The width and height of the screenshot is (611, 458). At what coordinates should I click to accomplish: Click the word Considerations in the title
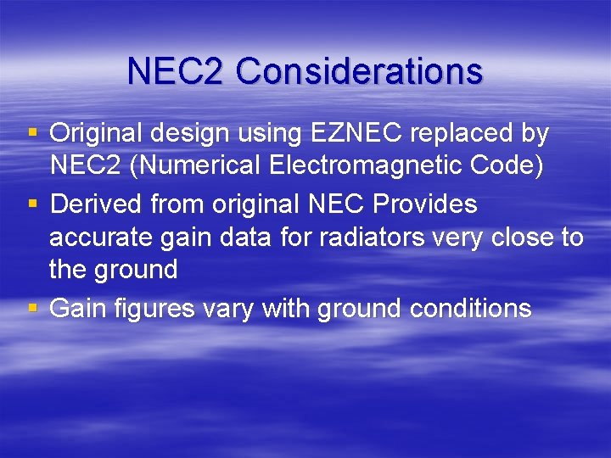click(359, 71)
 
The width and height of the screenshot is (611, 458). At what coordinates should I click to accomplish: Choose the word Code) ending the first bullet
click(508, 166)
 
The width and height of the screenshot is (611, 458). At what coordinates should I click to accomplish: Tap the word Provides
click(424, 204)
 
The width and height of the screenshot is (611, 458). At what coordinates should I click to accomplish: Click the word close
click(516, 237)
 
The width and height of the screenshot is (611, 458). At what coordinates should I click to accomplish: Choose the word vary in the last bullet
click(227, 309)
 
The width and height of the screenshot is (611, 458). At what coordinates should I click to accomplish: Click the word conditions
click(470, 309)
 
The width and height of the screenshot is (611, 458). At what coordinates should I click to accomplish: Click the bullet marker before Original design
click(32, 134)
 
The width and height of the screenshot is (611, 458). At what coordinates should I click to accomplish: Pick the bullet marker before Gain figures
click(32, 309)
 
